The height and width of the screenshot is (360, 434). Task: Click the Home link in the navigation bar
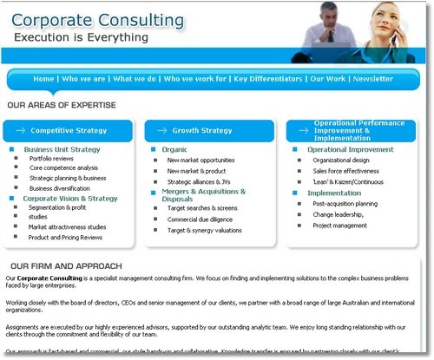click(43, 78)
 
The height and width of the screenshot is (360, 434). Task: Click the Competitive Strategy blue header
click(69, 131)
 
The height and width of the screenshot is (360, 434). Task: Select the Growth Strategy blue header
click(202, 131)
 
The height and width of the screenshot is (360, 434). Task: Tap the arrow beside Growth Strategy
click(161, 131)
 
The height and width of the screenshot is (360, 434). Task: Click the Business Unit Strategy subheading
click(62, 149)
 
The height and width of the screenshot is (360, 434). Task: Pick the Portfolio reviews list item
click(50, 160)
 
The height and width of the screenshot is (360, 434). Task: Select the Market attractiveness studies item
click(67, 226)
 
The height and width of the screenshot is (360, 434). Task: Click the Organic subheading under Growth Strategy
click(174, 149)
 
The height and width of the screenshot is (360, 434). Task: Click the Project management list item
click(340, 226)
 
